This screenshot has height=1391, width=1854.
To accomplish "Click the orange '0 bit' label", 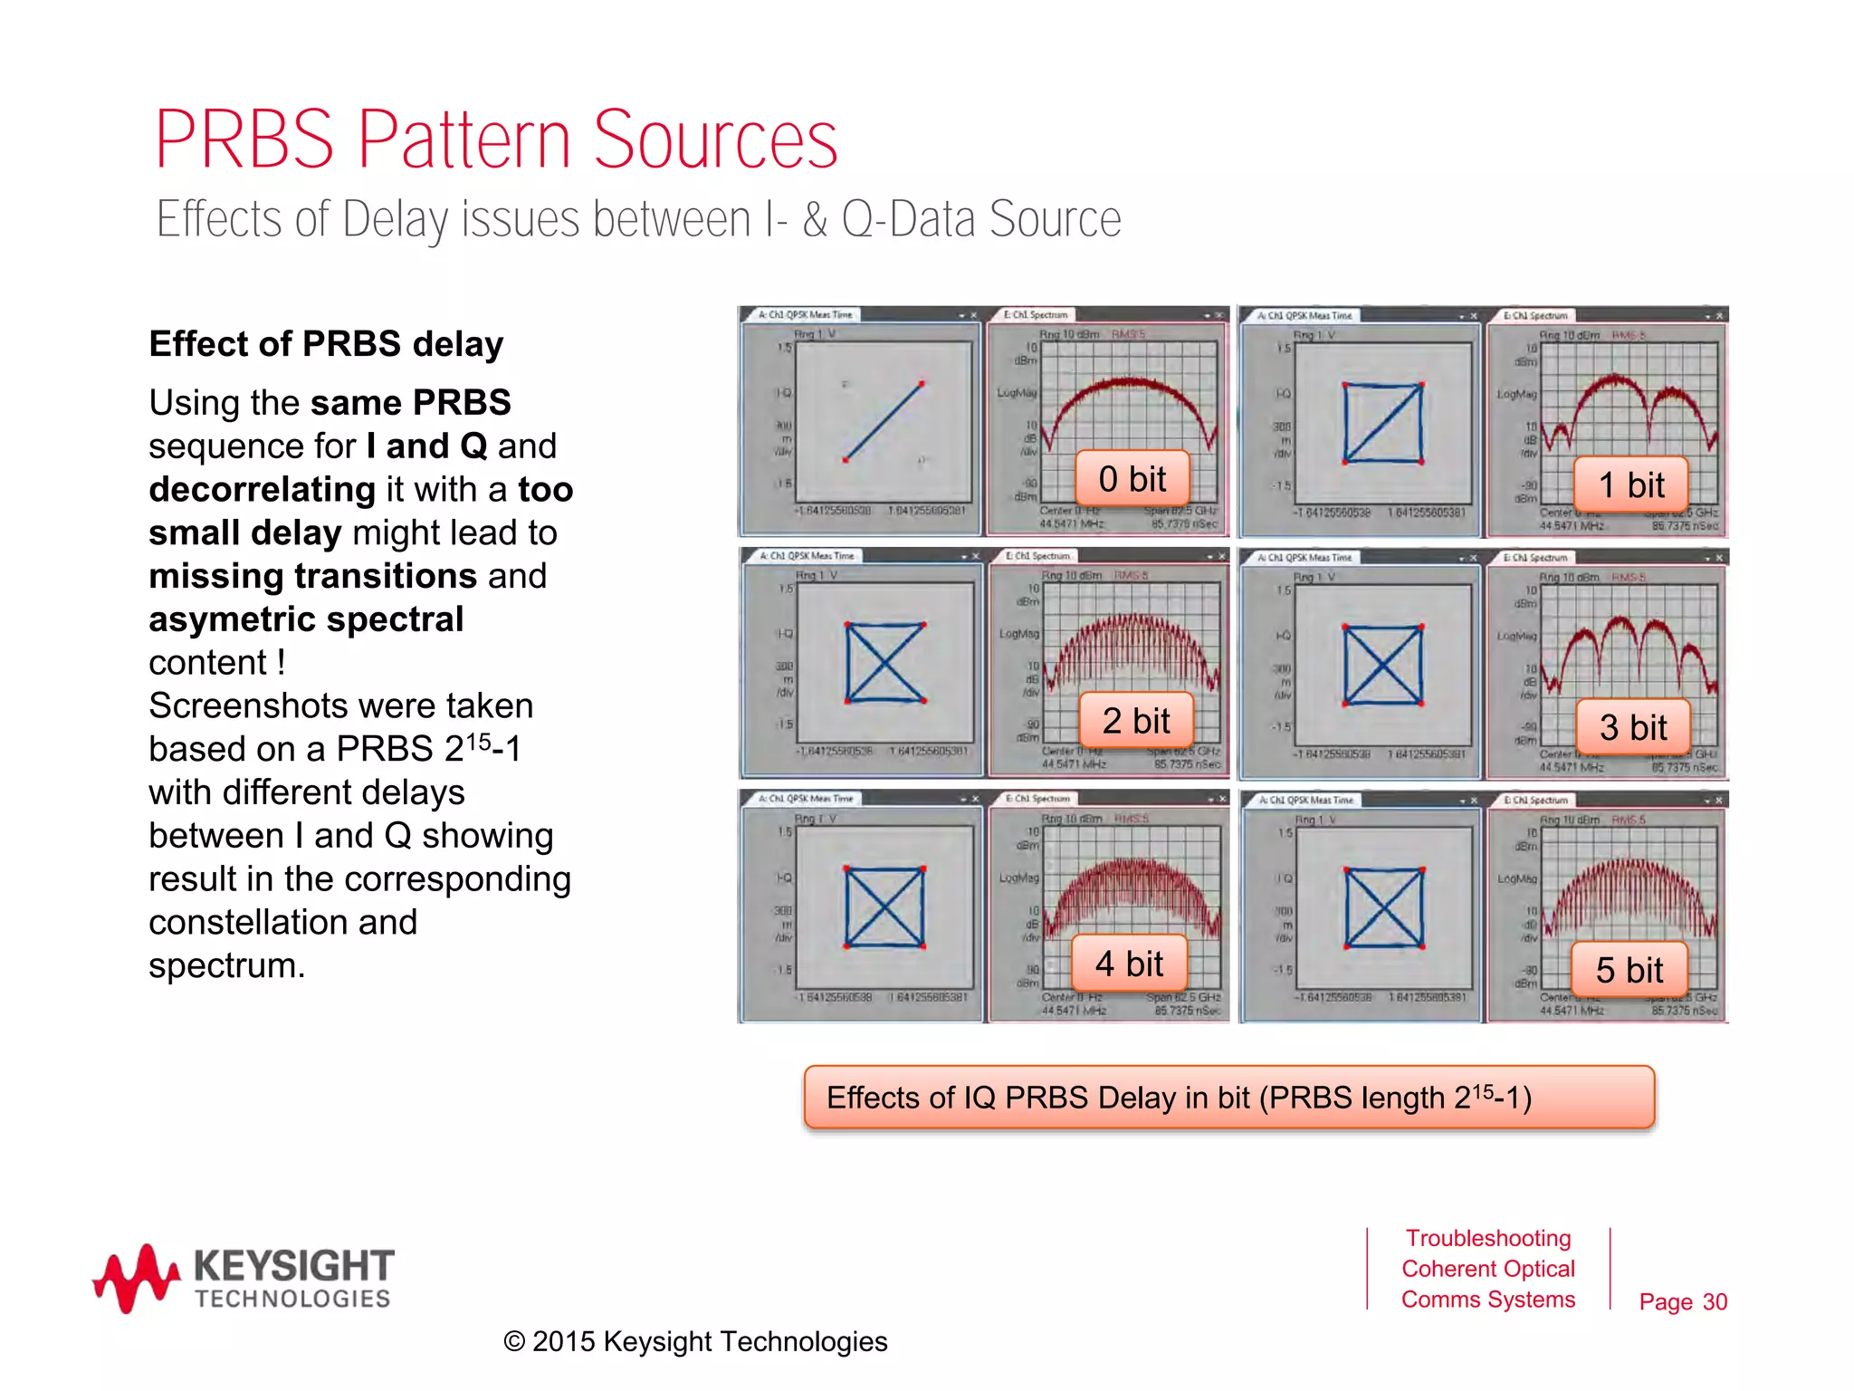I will tap(1132, 478).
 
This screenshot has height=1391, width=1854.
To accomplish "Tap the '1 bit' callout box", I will tap(1630, 484).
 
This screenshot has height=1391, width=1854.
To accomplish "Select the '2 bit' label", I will tap(1136, 721).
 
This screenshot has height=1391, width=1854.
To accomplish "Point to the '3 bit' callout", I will tap(1632, 727).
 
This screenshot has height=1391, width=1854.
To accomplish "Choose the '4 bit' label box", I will tap(1129, 964).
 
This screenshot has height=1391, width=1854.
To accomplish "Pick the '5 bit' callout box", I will tap(1629, 970).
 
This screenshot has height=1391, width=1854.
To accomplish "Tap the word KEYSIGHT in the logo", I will tap(294, 1265).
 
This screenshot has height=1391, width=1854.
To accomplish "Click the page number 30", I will tap(1715, 1301).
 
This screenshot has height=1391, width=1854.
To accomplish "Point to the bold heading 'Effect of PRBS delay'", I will tap(326, 344).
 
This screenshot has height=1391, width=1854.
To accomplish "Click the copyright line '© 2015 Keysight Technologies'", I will tap(695, 1341).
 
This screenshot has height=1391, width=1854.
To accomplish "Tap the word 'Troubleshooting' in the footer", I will tap(1487, 1238).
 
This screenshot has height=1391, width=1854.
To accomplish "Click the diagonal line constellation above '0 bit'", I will tap(883, 422).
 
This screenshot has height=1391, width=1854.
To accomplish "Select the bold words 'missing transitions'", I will tap(312, 576).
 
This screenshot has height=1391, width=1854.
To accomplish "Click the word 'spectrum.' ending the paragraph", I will tap(226, 965).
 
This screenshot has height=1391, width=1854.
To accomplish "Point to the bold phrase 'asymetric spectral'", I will tap(306, 619).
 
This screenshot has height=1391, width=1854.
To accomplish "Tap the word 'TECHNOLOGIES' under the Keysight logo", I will tap(292, 1299).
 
